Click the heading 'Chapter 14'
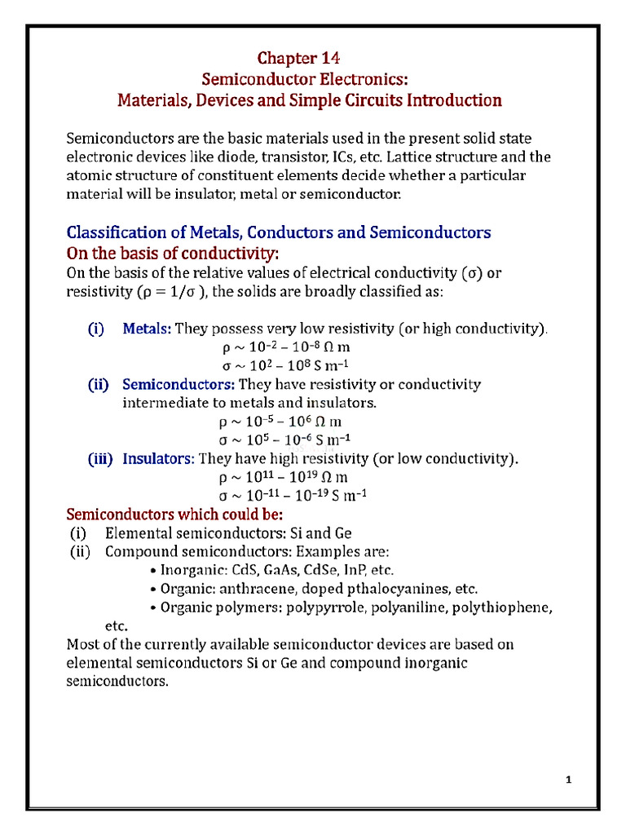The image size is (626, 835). tap(298, 58)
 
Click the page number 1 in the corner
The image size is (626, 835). tap(569, 780)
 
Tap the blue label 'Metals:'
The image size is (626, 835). tap(147, 329)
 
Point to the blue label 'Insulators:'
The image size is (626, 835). tap(158, 458)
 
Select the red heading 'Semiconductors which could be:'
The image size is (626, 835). tap(174, 515)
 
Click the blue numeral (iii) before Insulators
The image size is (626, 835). tap(101, 458)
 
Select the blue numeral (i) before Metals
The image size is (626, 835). tap(96, 329)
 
